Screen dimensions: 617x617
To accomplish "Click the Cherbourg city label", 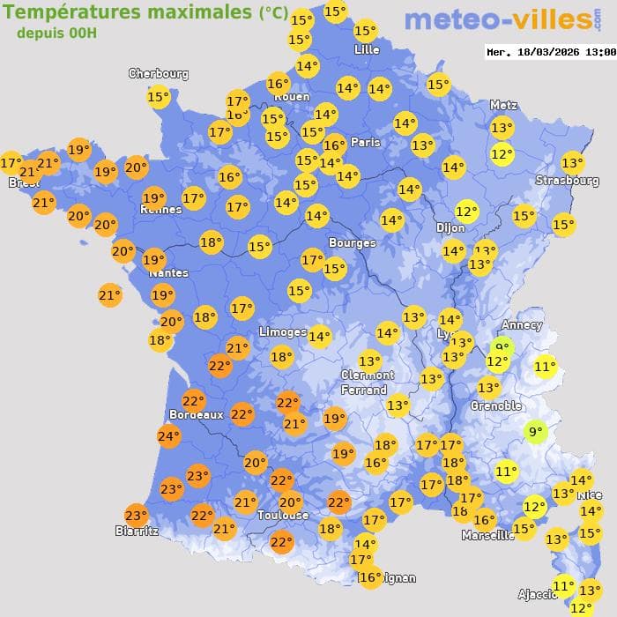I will [159, 74].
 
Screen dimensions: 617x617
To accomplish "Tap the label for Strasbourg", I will [567, 181].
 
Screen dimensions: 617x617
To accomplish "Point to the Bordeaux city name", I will [196, 414].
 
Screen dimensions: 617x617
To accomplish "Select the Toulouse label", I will [283, 515].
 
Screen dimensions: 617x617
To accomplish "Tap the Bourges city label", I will [352, 242].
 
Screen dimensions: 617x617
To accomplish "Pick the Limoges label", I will [282, 331].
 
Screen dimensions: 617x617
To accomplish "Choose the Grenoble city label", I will [496, 406].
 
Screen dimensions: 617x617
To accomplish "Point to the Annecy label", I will [522, 324].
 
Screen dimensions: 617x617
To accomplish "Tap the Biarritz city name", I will [137, 531].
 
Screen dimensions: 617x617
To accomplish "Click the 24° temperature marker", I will [168, 435].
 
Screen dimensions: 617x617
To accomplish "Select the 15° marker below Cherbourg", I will [159, 97].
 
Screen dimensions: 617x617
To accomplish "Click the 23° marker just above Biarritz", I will [136, 516].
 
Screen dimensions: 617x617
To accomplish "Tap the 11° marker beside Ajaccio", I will [563, 585].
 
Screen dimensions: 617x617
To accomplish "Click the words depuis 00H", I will [56, 33].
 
